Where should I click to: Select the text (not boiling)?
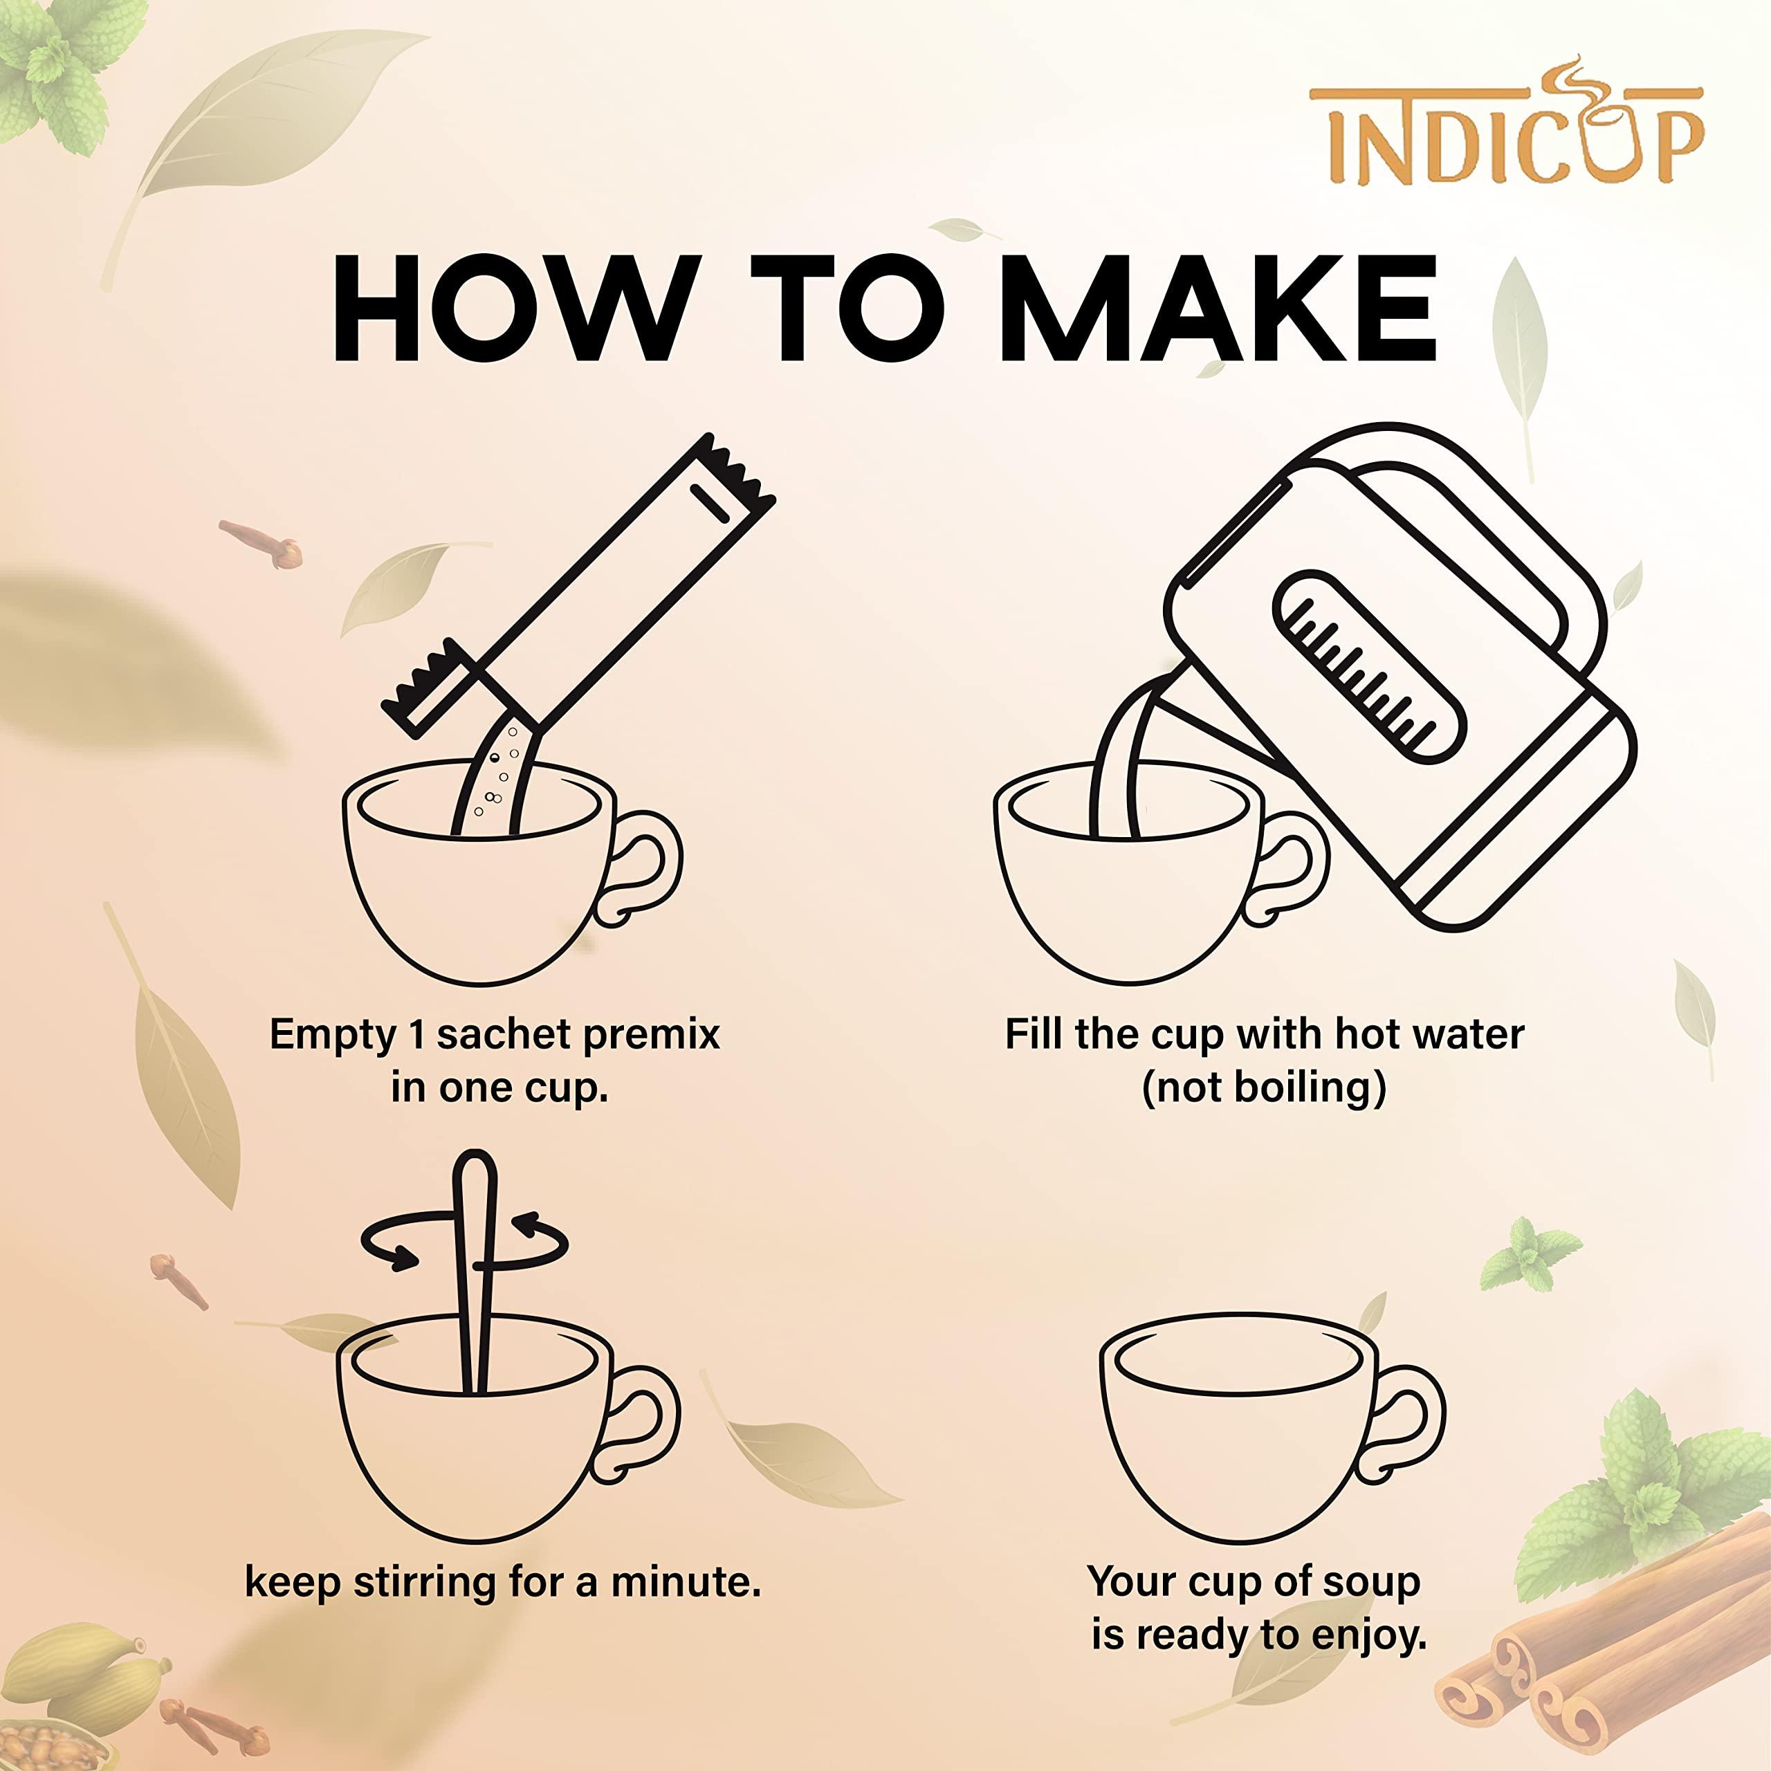point(1263,1088)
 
